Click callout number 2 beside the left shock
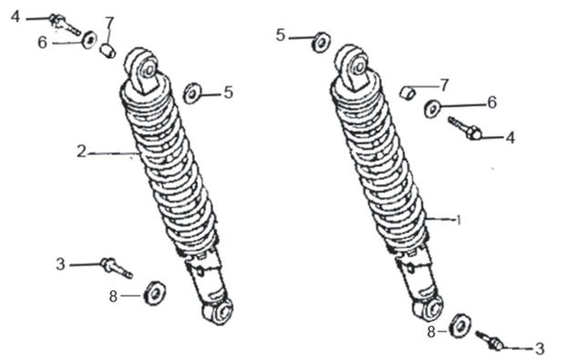82,151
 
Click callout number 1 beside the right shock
458,220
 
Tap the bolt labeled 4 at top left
65,24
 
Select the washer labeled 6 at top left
89,39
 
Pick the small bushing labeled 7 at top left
108,50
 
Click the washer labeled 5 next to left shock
191,94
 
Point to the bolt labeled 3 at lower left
117,268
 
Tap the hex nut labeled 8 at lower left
155,293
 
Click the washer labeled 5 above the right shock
321,42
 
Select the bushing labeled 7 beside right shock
407,93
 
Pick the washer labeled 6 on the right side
432,108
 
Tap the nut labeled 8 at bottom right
460,325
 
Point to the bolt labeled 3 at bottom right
489,340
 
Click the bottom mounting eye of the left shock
218,312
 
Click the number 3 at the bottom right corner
539,348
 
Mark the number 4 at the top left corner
15,16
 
